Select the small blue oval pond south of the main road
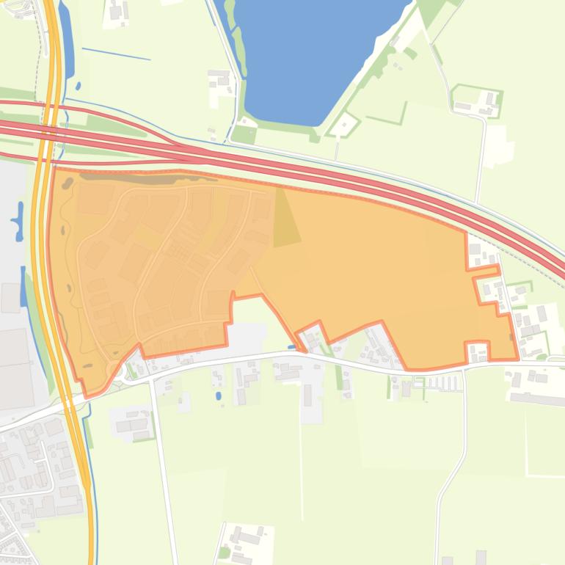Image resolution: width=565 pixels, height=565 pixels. click(219, 396)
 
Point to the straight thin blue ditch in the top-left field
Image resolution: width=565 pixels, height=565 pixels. click(116, 54)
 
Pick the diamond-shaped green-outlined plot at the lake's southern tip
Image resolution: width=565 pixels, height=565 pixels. click(342, 125)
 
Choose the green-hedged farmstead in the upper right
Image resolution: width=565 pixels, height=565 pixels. click(477, 101)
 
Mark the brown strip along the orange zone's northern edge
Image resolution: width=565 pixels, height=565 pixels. click(139, 178)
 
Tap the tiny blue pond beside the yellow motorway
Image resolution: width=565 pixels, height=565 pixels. click(78, 86)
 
